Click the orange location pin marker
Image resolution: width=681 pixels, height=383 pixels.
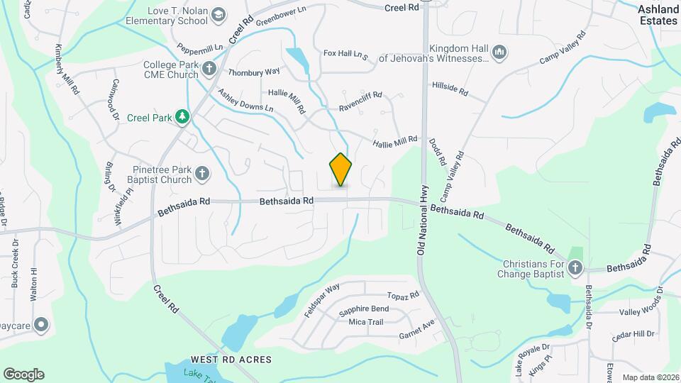[340, 169]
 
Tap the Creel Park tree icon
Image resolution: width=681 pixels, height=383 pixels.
[183, 116]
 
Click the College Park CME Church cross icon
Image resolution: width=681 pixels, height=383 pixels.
[209, 69]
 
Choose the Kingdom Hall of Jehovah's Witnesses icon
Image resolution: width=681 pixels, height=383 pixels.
[499, 52]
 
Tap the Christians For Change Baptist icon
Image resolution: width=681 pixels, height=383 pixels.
[575, 268]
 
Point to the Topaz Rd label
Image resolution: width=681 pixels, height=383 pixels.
[404, 295]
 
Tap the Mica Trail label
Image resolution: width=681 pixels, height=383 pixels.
[366, 322]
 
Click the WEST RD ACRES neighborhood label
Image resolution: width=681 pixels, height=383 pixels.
[231, 360]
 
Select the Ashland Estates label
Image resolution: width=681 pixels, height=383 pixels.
[658, 15]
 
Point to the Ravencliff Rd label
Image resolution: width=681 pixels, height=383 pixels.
[360, 101]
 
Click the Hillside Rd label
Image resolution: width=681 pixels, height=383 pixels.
[450, 88]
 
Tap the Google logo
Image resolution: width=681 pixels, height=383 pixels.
[23, 374]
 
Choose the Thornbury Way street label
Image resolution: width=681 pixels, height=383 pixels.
[254, 72]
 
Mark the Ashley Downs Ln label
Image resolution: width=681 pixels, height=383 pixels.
[245, 100]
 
